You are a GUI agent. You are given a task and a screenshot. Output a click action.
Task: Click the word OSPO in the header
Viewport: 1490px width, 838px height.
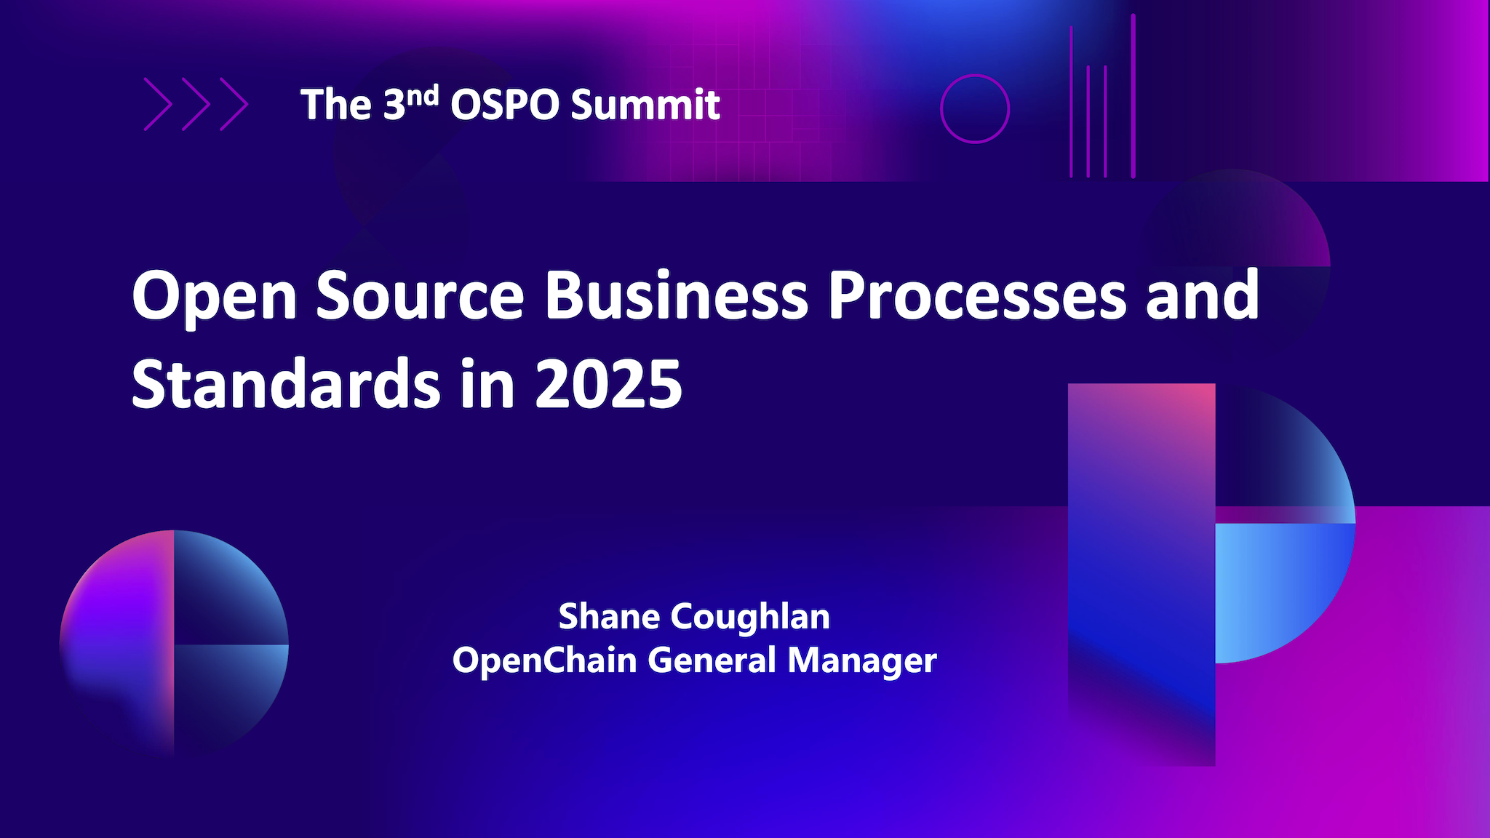[x=507, y=105]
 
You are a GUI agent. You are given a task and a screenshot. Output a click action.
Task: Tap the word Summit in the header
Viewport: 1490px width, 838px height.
[x=645, y=105]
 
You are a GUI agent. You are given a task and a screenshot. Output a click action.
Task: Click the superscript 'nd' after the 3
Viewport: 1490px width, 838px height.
[x=422, y=95]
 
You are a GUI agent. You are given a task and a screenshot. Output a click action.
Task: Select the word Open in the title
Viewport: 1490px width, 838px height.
[x=214, y=296]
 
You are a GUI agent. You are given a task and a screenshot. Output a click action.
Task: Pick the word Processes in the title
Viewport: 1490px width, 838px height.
[x=977, y=296]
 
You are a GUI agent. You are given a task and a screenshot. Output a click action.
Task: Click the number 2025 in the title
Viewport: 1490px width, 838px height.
[x=609, y=384]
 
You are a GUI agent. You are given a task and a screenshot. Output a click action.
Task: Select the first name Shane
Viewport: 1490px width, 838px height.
[x=609, y=616]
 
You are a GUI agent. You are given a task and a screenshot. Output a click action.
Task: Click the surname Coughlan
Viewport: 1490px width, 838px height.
[x=750, y=618]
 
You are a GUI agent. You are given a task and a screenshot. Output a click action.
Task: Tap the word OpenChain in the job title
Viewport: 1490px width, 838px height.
[x=544, y=661]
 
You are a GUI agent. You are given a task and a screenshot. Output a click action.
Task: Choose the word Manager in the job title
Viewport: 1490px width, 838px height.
[x=862, y=661]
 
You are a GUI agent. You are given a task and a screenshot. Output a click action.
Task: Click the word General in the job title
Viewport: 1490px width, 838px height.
[x=712, y=661]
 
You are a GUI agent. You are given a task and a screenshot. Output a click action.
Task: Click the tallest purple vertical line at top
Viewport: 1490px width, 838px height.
[x=1133, y=95]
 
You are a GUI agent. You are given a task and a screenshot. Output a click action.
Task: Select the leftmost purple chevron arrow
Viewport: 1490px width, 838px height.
[x=158, y=104]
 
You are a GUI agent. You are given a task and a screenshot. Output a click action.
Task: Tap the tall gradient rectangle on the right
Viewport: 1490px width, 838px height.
[x=1142, y=575]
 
